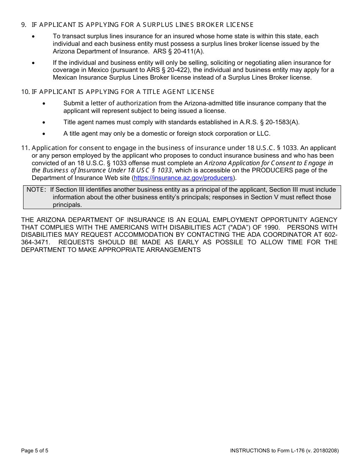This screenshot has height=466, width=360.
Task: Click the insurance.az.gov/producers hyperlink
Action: (183, 178)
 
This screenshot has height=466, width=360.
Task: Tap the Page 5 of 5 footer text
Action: (34, 451)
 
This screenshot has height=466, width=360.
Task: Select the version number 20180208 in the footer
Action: (324, 451)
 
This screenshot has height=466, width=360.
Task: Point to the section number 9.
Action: (23, 25)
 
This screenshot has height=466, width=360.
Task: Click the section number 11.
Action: (25, 148)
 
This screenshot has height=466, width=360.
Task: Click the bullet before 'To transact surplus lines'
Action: (34, 37)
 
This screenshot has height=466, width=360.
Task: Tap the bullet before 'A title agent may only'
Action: (44, 134)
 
